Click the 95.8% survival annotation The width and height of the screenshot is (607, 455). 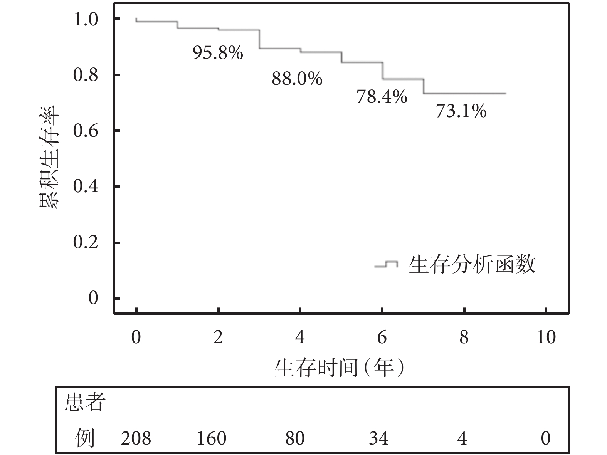point(218,53)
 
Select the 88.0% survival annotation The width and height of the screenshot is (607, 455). point(297,79)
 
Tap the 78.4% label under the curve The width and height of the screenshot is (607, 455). point(382,97)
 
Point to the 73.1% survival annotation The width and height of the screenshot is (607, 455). point(461,111)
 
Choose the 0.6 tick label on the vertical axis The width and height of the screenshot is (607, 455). point(86,131)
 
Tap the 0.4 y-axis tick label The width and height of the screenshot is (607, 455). point(86,187)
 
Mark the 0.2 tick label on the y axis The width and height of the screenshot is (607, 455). point(86,243)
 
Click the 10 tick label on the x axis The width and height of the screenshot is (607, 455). point(546,337)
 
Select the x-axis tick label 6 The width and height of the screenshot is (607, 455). point(382,337)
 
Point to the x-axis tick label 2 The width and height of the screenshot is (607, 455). point(218,337)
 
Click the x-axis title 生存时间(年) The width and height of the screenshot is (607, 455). point(340,368)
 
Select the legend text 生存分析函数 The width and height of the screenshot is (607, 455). point(472,265)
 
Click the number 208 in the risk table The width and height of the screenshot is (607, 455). point(136,438)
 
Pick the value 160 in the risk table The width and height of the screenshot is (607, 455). point(211,438)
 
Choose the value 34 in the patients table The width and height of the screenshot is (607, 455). point(378,438)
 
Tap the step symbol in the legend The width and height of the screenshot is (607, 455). point(387,264)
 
